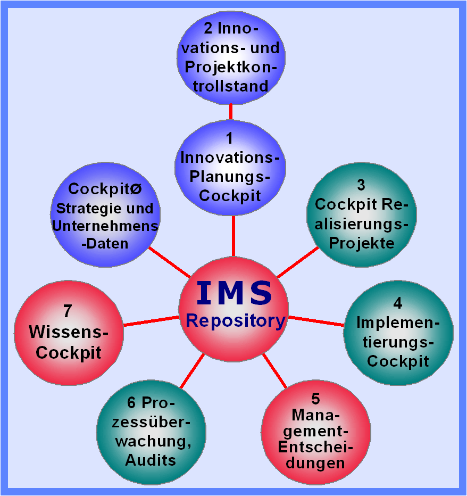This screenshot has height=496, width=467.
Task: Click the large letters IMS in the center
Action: [234, 293]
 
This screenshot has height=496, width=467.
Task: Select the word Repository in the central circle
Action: [236, 320]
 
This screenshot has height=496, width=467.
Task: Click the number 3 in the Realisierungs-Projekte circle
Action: [361, 185]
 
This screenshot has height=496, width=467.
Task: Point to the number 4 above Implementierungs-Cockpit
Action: [398, 303]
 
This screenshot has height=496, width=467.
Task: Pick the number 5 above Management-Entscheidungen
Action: [315, 398]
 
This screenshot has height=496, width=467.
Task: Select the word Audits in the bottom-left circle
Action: [151, 460]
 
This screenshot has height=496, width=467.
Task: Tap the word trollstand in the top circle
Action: [230, 86]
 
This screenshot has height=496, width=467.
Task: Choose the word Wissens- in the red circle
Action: [68, 332]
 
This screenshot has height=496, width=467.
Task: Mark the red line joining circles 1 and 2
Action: [230, 111]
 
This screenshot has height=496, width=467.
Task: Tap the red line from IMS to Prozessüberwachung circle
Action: [192, 371]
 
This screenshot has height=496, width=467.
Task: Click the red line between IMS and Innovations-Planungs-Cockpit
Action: [233, 236]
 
